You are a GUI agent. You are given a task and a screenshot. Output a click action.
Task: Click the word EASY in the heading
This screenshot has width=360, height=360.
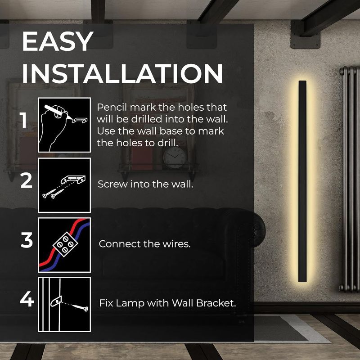pos(57,41)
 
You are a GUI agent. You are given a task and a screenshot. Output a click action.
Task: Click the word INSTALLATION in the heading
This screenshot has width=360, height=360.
pos(122,73)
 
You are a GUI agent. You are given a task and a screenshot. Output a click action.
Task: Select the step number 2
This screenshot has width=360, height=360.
pos(27,181)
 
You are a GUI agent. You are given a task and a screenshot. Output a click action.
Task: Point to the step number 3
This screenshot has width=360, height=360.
pos(27,241)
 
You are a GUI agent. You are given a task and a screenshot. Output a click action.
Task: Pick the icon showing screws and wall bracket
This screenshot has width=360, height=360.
pos(64,184)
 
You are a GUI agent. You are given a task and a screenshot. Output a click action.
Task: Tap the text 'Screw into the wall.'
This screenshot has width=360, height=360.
pos(146,184)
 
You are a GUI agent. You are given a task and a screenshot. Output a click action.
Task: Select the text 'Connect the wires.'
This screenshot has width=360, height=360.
pos(145,244)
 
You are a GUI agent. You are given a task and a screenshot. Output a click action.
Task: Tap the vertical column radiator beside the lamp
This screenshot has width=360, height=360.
pos(349,180)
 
